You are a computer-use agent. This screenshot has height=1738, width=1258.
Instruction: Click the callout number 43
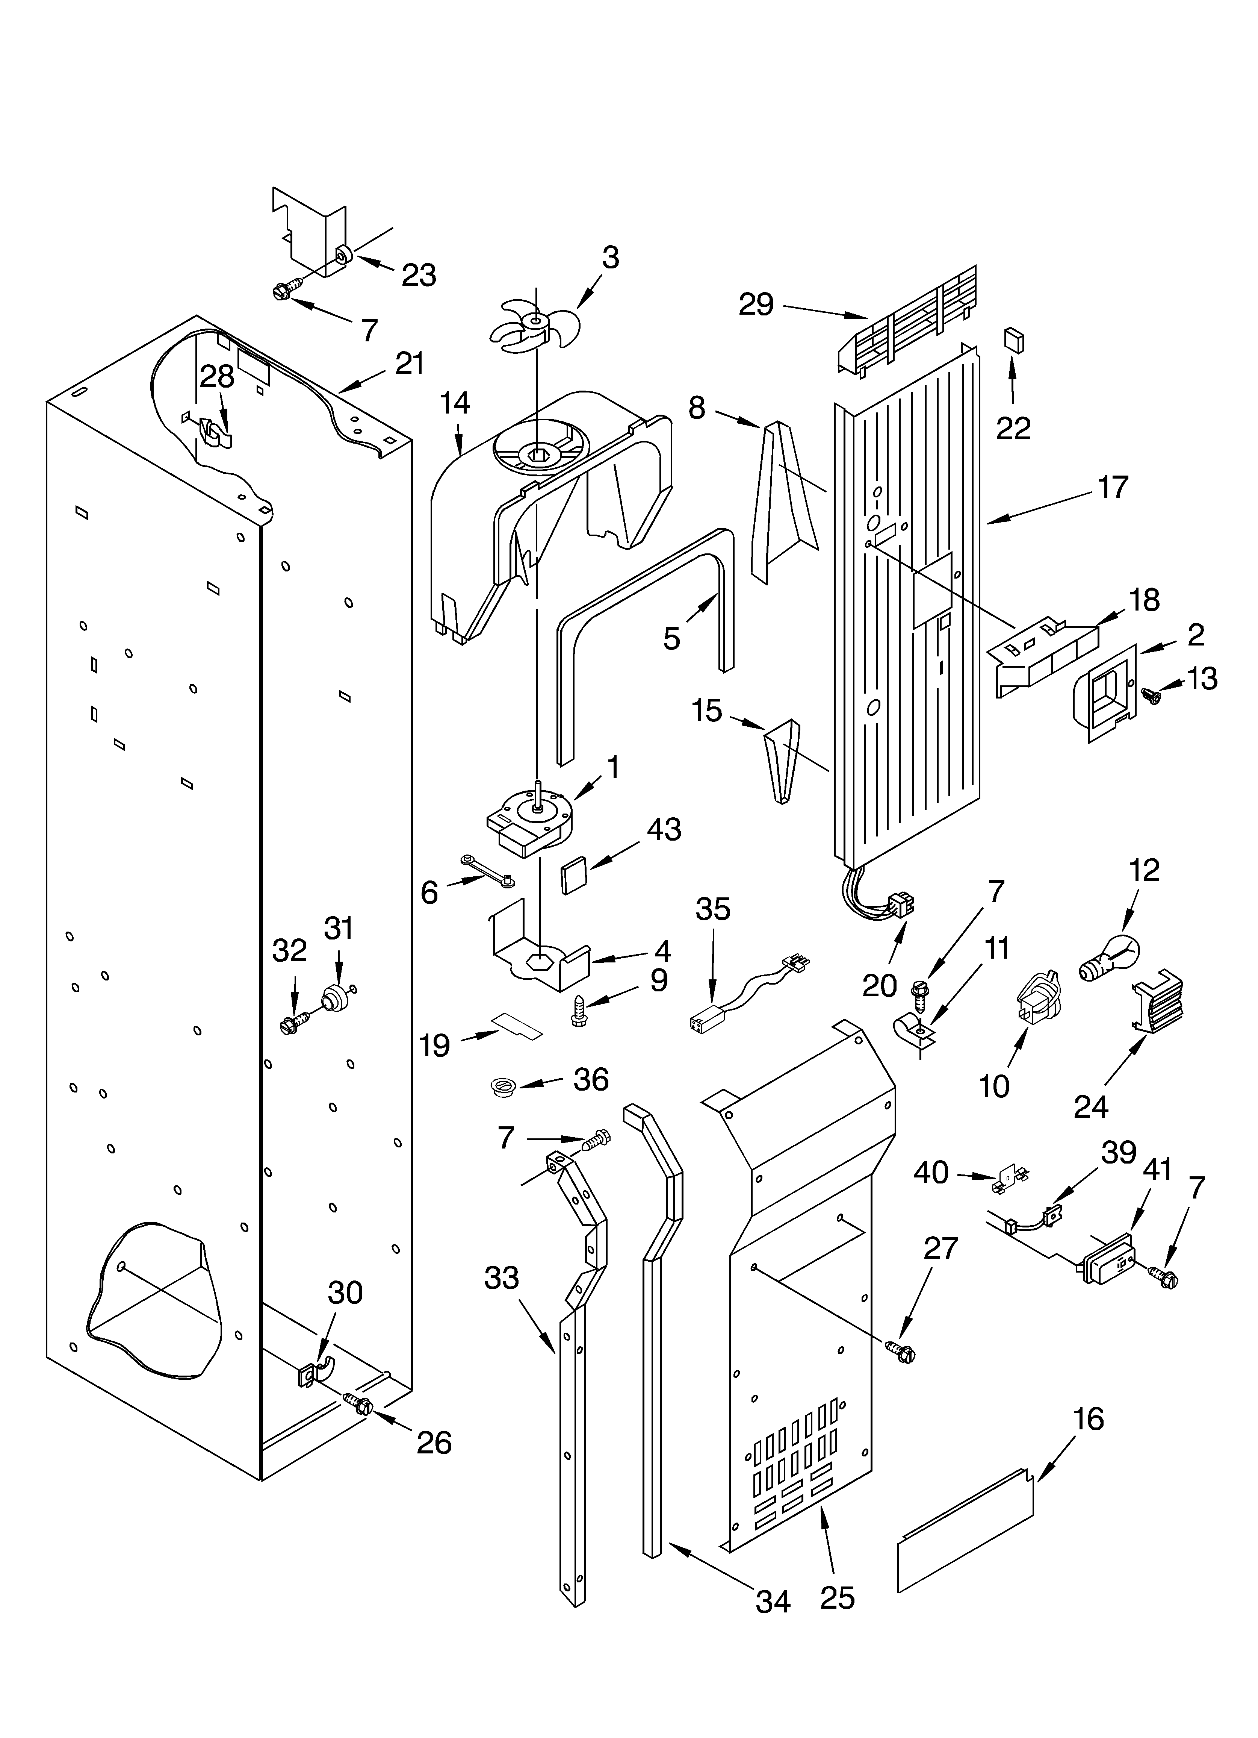coord(664,829)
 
